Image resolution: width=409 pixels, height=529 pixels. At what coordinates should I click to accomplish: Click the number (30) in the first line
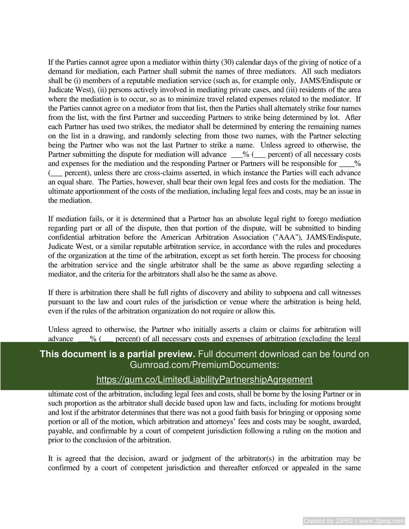[x=227, y=62]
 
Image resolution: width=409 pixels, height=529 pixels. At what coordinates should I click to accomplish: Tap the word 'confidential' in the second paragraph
[x=66, y=237]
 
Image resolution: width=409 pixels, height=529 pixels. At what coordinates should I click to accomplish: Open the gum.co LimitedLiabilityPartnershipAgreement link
[x=204, y=379]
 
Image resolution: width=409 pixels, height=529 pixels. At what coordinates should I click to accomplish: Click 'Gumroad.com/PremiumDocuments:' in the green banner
[x=204, y=365]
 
